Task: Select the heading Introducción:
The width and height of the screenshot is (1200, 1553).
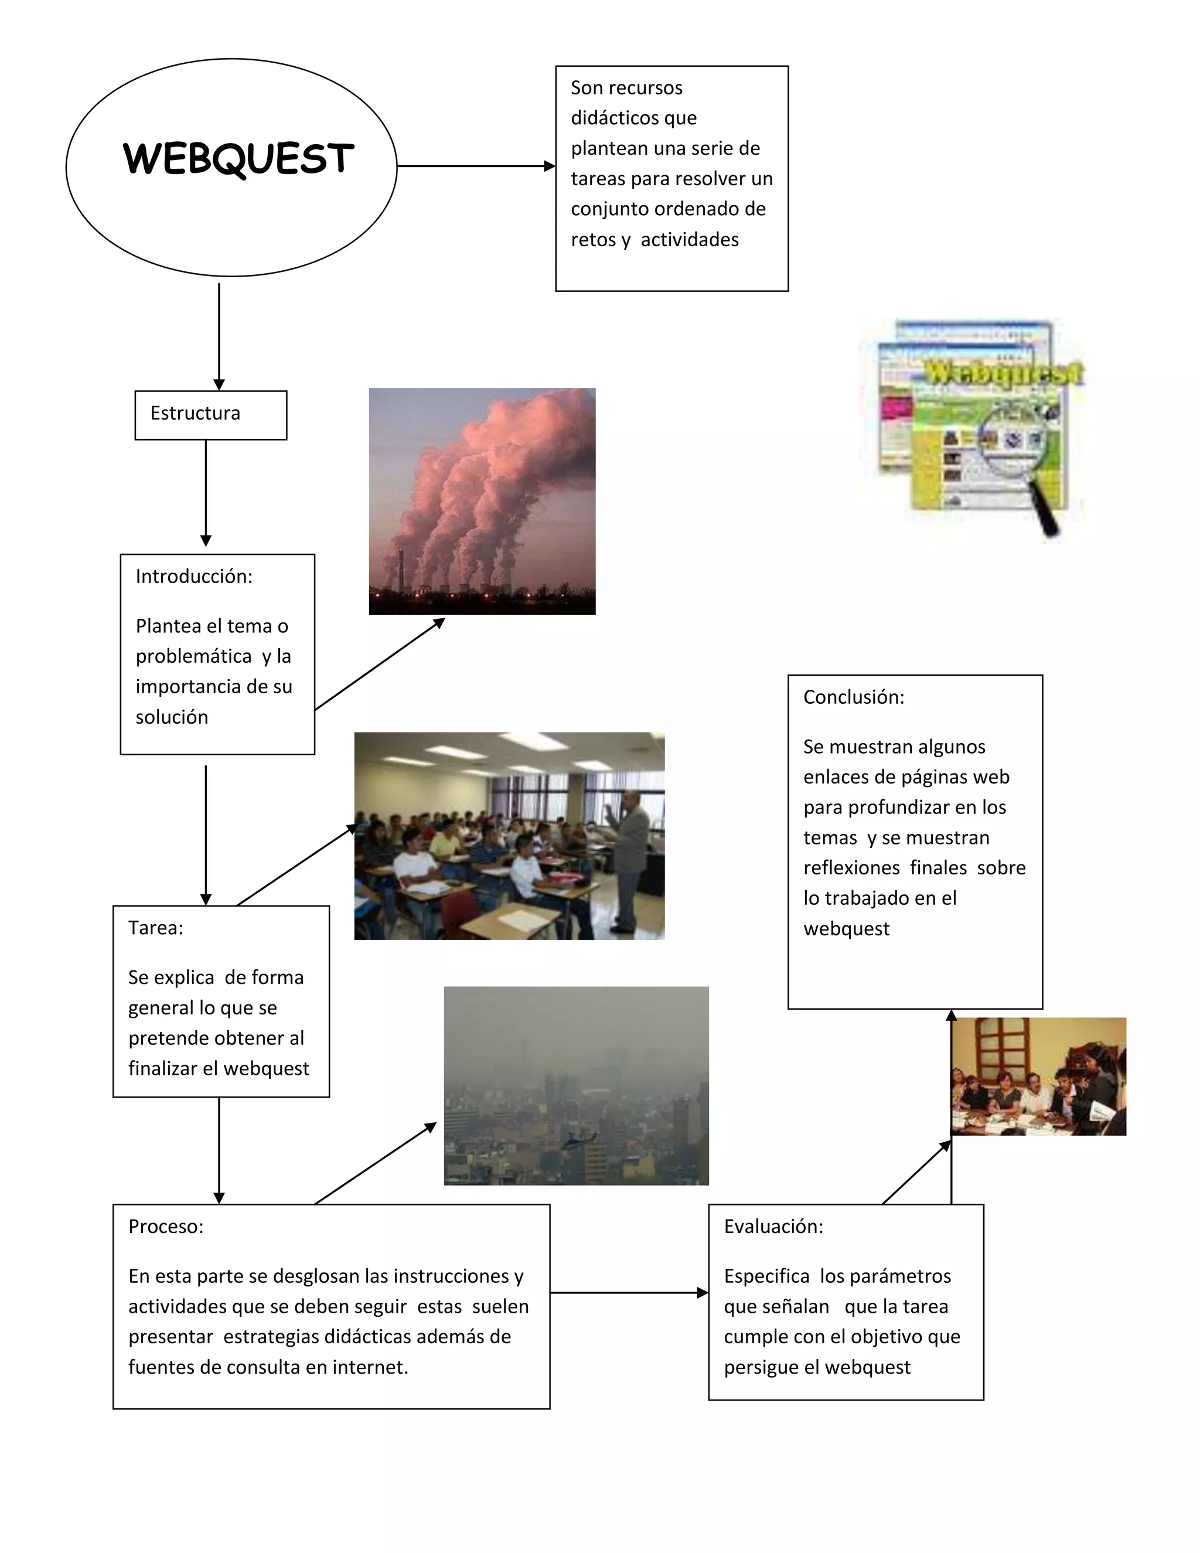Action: [x=194, y=576]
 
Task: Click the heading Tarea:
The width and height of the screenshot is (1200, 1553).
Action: [x=156, y=927]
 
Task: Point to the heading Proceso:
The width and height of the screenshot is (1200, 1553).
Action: [x=166, y=1226]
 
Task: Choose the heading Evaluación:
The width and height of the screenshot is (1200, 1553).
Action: [x=773, y=1226]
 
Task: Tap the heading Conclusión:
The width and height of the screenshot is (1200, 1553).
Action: [x=854, y=697]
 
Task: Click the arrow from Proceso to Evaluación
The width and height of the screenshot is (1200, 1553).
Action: [x=629, y=1293]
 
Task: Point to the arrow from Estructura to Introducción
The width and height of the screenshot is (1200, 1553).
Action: [x=206, y=492]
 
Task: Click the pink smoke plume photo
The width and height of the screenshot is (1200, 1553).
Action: [x=482, y=500]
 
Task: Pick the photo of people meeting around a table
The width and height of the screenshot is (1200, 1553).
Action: [x=1038, y=1077]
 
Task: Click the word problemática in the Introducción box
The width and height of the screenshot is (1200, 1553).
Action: [x=193, y=656]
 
